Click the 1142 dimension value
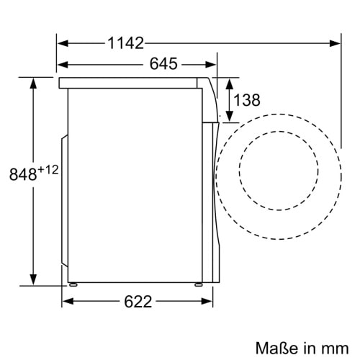click(126, 43)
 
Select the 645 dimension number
click(163, 64)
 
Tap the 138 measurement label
click(247, 100)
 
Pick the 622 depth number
click(136, 302)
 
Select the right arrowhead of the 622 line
click(211, 301)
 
